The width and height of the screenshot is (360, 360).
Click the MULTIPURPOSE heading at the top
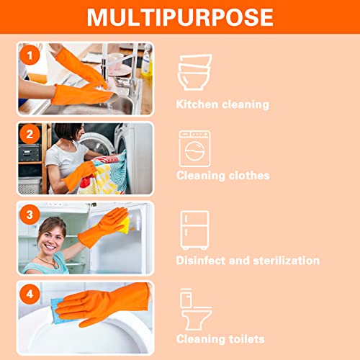tap(179, 17)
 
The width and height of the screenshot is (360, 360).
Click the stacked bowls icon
tap(194, 73)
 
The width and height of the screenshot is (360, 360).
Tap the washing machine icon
tap(194, 148)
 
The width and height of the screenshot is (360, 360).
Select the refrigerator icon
tap(194, 230)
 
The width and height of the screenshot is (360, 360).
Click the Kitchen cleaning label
tap(222, 104)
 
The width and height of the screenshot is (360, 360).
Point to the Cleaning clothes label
tap(223, 176)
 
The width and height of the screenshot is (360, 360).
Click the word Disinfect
tap(201, 261)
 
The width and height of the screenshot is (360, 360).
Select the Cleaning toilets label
tap(220, 338)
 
